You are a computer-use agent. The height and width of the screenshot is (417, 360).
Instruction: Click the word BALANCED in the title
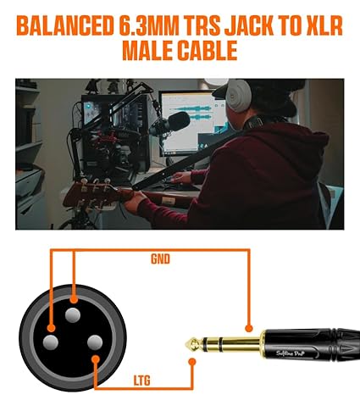(65, 25)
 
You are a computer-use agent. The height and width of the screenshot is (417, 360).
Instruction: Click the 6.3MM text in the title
(149, 25)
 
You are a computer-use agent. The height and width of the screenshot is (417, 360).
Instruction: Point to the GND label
(160, 259)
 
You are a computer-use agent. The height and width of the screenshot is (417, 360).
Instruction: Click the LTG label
(141, 381)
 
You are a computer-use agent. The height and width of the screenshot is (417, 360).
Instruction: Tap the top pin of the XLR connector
(73, 315)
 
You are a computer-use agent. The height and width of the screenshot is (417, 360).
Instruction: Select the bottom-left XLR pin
(51, 342)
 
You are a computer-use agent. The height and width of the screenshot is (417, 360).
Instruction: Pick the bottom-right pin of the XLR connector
(95, 342)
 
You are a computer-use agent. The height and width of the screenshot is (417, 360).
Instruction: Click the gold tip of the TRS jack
(194, 344)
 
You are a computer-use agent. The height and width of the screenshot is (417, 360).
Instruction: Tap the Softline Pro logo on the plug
(291, 353)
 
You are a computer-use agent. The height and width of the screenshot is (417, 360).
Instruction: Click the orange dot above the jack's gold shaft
(248, 328)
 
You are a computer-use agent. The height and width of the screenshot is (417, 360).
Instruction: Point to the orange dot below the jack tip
(192, 362)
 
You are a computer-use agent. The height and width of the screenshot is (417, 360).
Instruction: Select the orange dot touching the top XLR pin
(74, 299)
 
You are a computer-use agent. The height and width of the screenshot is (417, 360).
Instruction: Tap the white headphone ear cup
(239, 96)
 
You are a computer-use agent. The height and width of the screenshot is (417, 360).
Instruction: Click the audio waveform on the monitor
(191, 113)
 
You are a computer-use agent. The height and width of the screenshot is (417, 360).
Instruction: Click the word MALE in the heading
(147, 50)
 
